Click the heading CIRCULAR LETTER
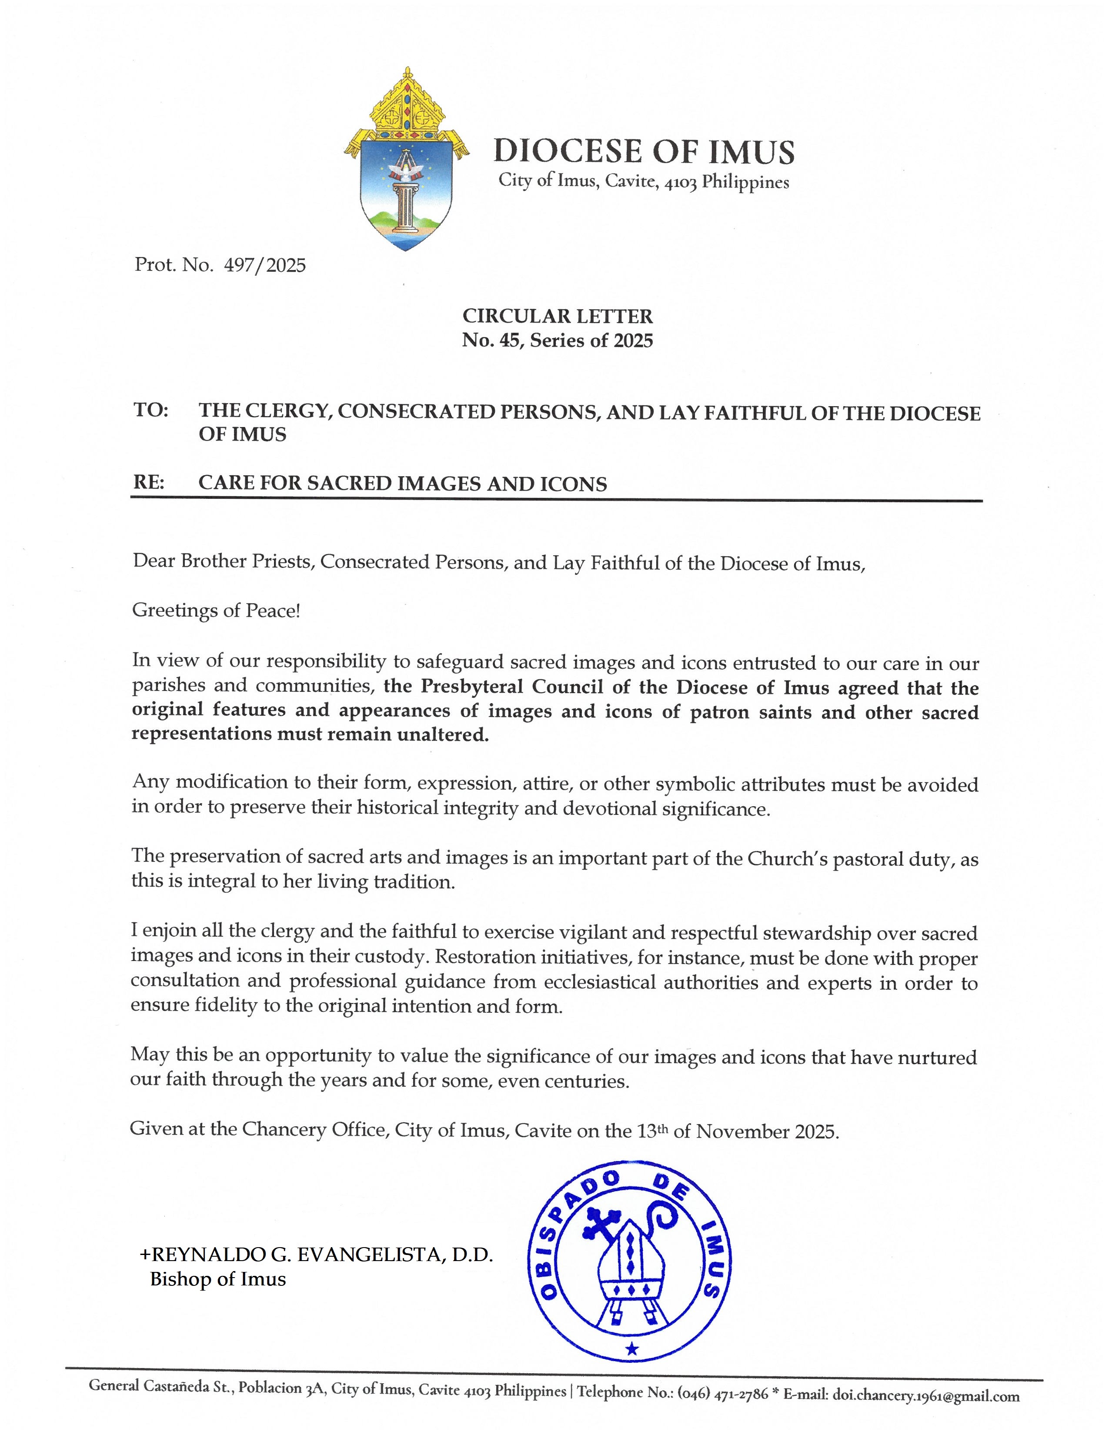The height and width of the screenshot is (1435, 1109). click(x=557, y=316)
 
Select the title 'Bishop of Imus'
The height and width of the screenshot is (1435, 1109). click(x=218, y=1279)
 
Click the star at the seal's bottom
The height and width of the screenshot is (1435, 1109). click(x=632, y=1350)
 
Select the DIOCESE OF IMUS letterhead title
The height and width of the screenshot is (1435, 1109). click(x=644, y=151)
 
